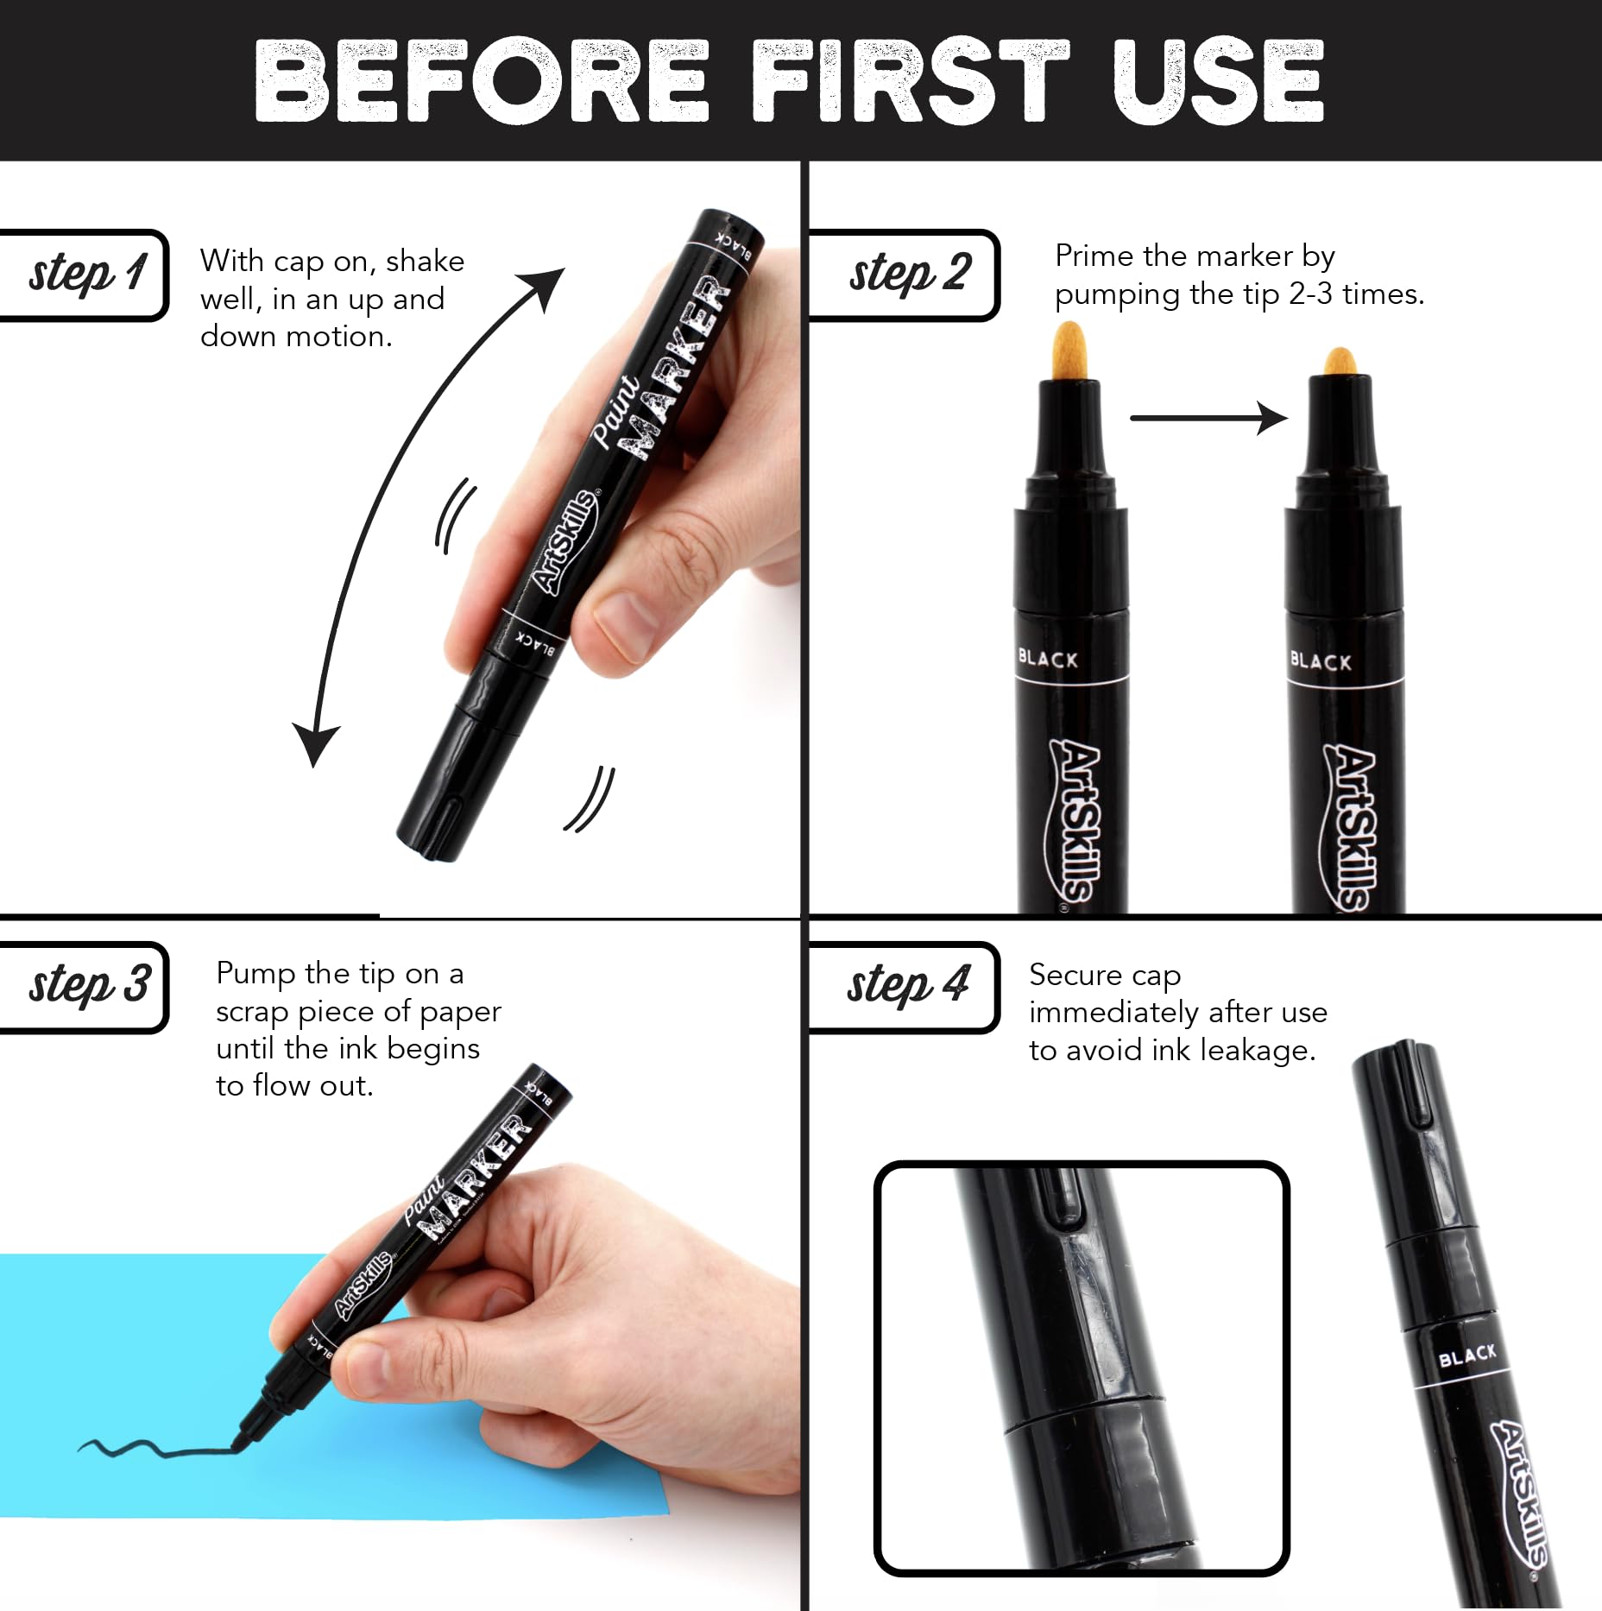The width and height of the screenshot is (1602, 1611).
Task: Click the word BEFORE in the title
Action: (x=482, y=80)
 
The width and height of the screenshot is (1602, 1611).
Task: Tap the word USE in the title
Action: (x=1218, y=80)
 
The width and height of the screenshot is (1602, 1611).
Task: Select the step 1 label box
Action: (x=84, y=275)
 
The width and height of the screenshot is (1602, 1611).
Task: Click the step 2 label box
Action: (x=904, y=275)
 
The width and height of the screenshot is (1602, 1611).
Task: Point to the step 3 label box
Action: (x=84, y=987)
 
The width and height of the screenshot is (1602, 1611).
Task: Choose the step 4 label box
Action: (x=904, y=987)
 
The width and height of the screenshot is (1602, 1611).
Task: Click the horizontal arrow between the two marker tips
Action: (x=1208, y=418)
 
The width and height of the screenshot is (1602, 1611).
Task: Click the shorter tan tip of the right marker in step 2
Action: (x=1340, y=361)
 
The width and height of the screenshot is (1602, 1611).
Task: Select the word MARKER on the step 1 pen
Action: (x=677, y=367)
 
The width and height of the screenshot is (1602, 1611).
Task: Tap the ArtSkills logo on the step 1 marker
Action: (x=565, y=542)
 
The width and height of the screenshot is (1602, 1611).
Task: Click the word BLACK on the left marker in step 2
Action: (x=1048, y=659)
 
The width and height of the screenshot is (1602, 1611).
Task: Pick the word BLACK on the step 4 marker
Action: (x=1466, y=1355)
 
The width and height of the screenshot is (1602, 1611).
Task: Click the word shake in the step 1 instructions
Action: (x=425, y=261)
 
